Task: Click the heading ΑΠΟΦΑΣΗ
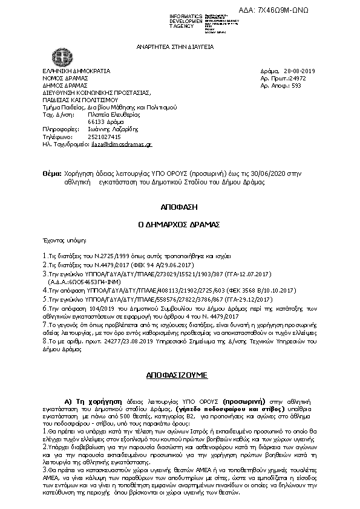(x=180, y=206)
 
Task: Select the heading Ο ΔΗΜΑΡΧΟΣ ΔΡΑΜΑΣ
(x=180, y=223)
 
